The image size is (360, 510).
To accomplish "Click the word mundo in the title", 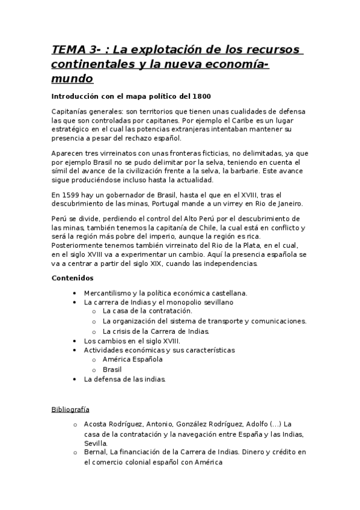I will pos(72,79).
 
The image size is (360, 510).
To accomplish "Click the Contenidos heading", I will pos(72,278).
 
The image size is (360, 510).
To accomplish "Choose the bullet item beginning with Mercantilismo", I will pos(165,293).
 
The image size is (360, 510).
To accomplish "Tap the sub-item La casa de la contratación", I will pos(147,311).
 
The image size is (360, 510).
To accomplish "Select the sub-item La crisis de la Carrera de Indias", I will pos(156,331).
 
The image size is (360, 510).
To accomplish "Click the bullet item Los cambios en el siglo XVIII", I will pos(132,340).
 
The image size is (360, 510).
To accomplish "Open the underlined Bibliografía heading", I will pos(70,410).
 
